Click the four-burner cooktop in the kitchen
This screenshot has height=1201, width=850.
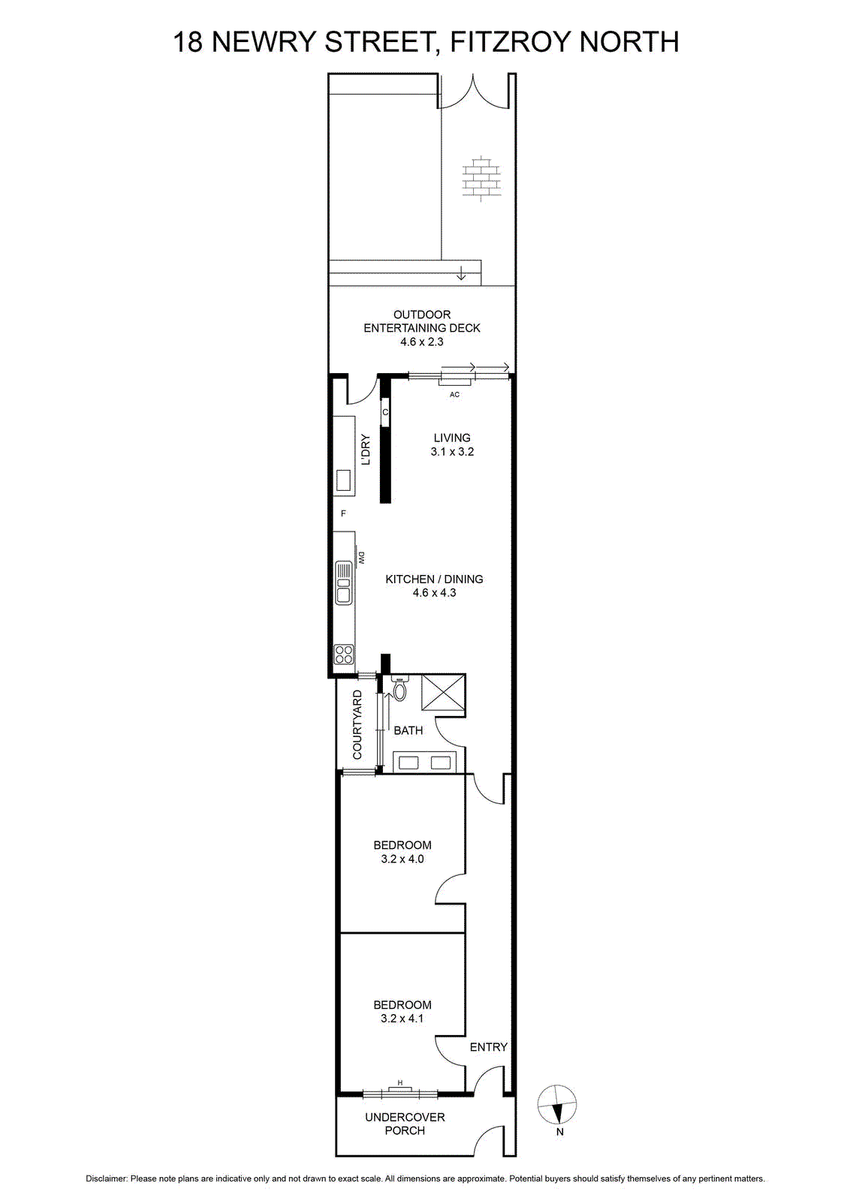pyautogui.click(x=344, y=654)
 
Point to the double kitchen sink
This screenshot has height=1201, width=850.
pyautogui.click(x=343, y=582)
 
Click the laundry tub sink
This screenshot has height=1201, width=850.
pyautogui.click(x=343, y=480)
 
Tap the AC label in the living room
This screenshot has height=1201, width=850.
pyautogui.click(x=454, y=395)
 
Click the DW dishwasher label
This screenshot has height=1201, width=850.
pyautogui.click(x=361, y=558)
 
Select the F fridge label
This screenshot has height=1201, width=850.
pyautogui.click(x=343, y=513)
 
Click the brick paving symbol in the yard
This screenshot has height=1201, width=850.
pyautogui.click(x=481, y=179)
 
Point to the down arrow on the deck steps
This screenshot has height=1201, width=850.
pyautogui.click(x=460, y=273)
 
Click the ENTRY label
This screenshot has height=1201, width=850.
pyautogui.click(x=488, y=1046)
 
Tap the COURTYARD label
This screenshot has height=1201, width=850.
pyautogui.click(x=357, y=725)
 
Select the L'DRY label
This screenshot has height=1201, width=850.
pyautogui.click(x=366, y=450)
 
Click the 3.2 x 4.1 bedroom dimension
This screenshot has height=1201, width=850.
pyautogui.click(x=402, y=1018)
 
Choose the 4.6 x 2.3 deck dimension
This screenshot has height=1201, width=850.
pyautogui.click(x=421, y=342)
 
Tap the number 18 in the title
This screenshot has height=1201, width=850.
pyautogui.click(x=188, y=42)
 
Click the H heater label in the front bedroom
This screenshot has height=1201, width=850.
pyautogui.click(x=400, y=1082)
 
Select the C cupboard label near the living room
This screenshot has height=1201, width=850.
pyautogui.click(x=385, y=412)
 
